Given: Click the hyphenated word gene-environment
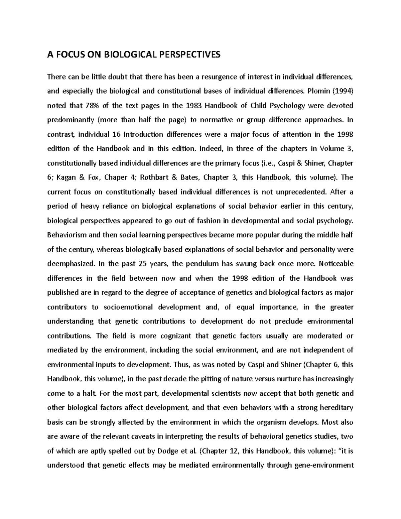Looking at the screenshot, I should [322, 465].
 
